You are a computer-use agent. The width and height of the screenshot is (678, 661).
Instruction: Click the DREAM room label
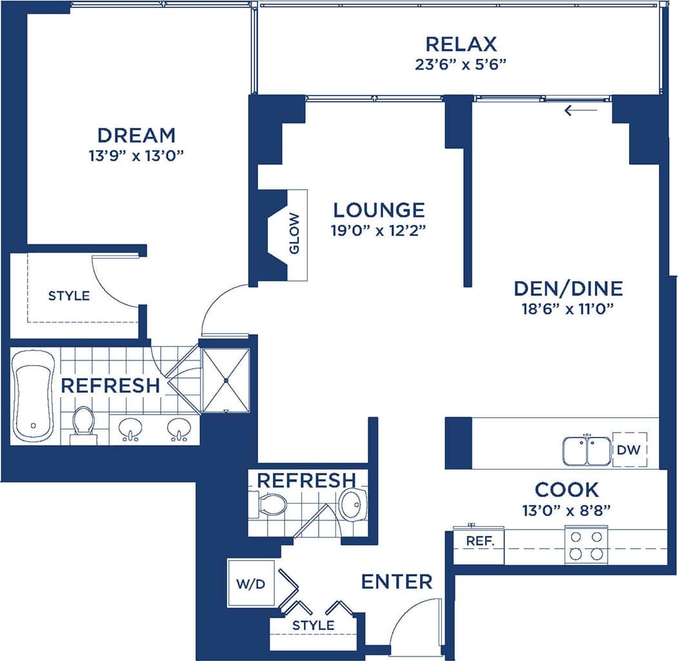pyautogui.click(x=136, y=135)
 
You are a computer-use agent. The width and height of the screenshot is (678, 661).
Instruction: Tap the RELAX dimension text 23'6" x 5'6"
pyautogui.click(x=461, y=64)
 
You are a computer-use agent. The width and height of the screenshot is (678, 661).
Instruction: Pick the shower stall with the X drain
pyautogui.click(x=226, y=380)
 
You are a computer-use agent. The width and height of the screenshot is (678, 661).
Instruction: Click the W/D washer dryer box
pyautogui.click(x=250, y=583)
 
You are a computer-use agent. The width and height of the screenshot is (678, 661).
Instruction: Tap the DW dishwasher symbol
pyautogui.click(x=629, y=449)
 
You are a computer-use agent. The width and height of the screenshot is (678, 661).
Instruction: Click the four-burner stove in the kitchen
pyautogui.click(x=586, y=545)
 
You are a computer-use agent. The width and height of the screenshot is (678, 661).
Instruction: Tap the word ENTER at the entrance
pyautogui.click(x=396, y=582)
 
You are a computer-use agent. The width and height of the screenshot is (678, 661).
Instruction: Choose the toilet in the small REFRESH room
pyautogui.click(x=270, y=504)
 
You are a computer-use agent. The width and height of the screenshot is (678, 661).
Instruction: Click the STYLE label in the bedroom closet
pyautogui.click(x=69, y=296)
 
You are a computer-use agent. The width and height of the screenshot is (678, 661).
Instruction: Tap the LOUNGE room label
pyautogui.click(x=379, y=210)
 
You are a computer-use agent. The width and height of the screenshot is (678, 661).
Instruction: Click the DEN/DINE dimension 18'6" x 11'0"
pyautogui.click(x=567, y=308)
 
